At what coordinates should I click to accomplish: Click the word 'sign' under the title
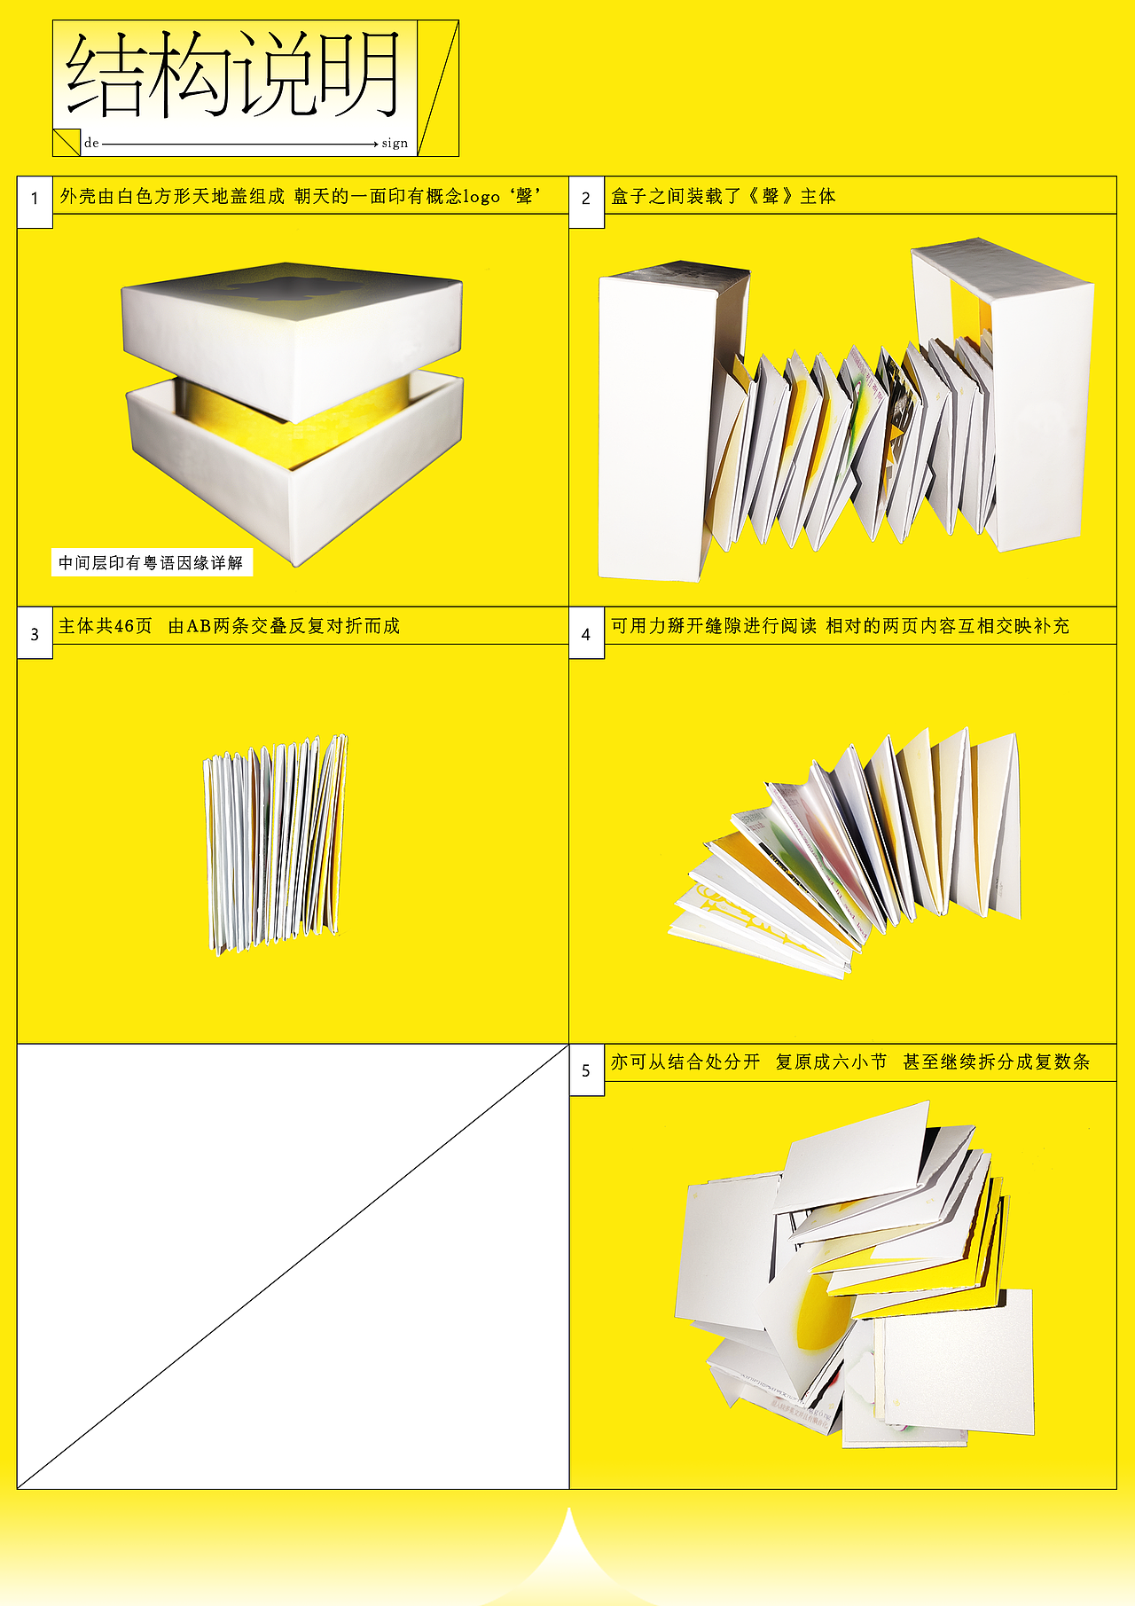point(395,143)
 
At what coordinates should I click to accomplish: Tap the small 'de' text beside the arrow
point(91,143)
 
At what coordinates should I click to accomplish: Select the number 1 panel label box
point(35,198)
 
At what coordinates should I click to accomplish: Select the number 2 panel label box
point(586,198)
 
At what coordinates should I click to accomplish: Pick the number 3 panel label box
point(35,634)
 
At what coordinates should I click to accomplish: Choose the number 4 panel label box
point(586,634)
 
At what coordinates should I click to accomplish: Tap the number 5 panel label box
point(586,1070)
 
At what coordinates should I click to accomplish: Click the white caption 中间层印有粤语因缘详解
point(151,562)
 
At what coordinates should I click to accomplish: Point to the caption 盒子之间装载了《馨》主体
point(724,196)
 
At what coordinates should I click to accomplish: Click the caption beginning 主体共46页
point(229,626)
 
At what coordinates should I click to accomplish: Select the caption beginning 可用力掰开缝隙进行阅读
point(840,626)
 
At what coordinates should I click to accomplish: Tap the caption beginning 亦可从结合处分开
point(849,1062)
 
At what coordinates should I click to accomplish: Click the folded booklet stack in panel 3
point(275,842)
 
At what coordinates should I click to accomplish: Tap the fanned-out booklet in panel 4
point(851,851)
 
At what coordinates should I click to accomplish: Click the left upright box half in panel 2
point(652,426)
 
